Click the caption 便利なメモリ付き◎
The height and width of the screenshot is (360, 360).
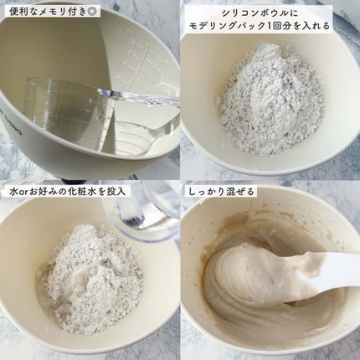click(52, 12)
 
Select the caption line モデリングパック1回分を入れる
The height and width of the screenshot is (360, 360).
click(260, 26)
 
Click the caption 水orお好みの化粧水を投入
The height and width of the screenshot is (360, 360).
click(65, 192)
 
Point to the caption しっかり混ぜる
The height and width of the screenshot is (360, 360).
click(221, 192)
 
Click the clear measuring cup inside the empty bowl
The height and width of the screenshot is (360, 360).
click(69, 111)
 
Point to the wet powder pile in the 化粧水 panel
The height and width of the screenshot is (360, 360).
click(90, 276)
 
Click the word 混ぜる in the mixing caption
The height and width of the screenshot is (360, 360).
click(239, 192)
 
